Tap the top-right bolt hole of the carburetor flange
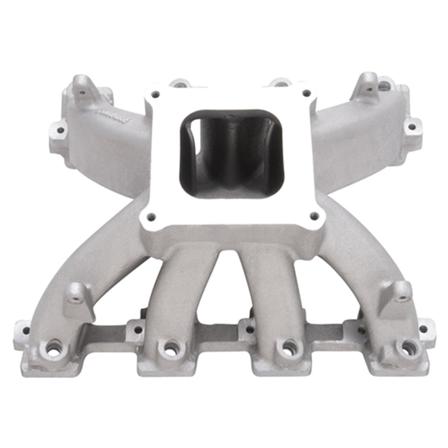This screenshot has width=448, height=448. [305, 93]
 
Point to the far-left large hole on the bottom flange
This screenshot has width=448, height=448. [53, 349]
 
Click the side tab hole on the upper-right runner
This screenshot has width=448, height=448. [412, 127]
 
